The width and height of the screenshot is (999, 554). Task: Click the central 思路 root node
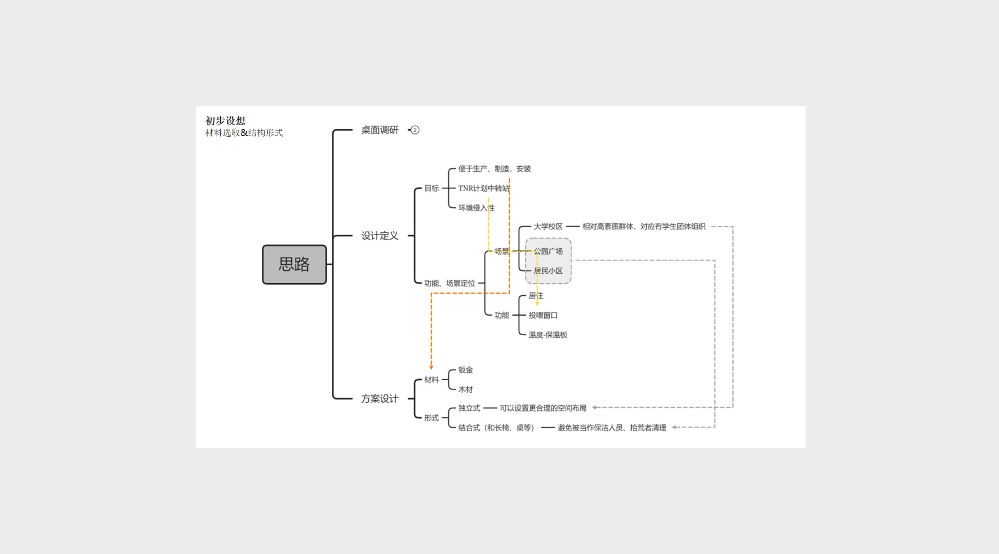(294, 264)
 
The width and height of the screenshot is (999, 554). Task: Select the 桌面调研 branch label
(379, 130)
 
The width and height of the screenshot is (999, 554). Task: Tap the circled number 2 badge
(415, 130)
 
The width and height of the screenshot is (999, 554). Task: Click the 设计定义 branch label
(379, 236)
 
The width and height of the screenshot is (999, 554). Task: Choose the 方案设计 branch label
(379, 399)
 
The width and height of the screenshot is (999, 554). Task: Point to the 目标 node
(432, 188)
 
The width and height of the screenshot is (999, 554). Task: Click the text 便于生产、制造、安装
(494, 169)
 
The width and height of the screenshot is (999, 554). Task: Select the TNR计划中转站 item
(483, 188)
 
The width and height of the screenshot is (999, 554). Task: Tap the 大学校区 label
(548, 227)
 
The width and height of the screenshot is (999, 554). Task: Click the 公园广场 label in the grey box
(549, 252)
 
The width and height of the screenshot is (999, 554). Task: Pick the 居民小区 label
(548, 271)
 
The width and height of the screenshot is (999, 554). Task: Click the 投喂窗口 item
(543, 315)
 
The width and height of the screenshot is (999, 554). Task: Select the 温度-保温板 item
(548, 335)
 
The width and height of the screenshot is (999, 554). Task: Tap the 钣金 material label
(465, 370)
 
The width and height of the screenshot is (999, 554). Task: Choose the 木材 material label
(465, 390)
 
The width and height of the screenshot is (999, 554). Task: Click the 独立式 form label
(469, 408)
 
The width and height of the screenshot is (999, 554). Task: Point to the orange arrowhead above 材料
(431, 367)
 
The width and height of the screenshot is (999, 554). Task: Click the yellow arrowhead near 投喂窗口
(537, 303)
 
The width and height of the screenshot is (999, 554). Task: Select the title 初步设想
(225, 121)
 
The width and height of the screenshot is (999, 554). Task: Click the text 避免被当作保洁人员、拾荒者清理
(612, 428)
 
